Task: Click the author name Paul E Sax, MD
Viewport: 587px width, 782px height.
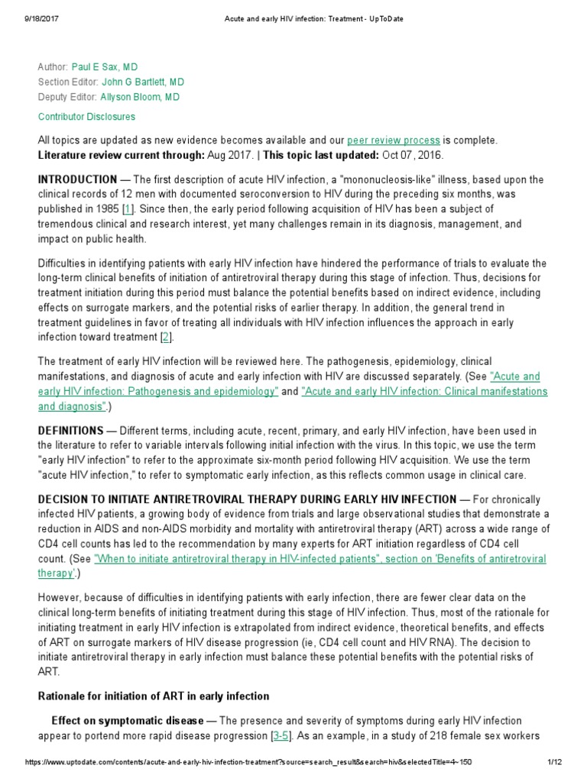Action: point(105,67)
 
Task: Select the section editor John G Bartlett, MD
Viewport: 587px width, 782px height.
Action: point(143,82)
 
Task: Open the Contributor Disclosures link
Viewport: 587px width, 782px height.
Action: point(86,117)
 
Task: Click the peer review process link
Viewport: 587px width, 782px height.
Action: point(394,141)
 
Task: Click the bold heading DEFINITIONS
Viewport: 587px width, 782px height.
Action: point(70,431)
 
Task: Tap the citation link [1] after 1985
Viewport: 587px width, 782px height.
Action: point(128,209)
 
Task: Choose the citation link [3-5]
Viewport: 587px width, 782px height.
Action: point(280,736)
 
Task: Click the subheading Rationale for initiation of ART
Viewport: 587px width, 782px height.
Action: point(154,696)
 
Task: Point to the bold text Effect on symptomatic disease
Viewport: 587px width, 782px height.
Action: point(127,721)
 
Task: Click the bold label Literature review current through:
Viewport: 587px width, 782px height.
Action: point(121,155)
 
